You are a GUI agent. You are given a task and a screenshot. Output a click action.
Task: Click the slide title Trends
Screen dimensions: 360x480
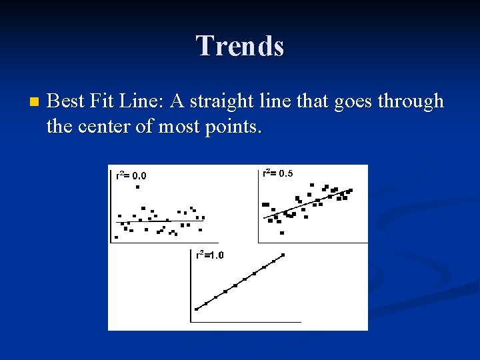[x=240, y=46]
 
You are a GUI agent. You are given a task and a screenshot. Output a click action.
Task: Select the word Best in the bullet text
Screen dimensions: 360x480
[x=64, y=101]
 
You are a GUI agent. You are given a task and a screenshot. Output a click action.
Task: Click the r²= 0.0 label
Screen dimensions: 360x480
[x=131, y=176]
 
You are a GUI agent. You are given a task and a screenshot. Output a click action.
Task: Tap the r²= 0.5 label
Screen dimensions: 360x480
[x=277, y=173]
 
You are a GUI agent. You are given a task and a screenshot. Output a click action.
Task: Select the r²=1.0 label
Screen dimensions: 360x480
[x=209, y=255]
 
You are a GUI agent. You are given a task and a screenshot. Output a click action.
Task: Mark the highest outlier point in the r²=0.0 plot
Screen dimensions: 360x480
[x=137, y=187]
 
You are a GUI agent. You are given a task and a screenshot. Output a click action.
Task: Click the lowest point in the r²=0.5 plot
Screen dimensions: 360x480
[x=282, y=233]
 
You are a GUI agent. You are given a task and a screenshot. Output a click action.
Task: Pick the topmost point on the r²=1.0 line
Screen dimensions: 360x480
[x=283, y=255]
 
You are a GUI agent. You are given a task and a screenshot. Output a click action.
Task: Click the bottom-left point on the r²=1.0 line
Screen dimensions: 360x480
[x=196, y=309]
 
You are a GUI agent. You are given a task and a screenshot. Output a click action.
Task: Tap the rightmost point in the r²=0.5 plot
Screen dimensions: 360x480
[x=351, y=190]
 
